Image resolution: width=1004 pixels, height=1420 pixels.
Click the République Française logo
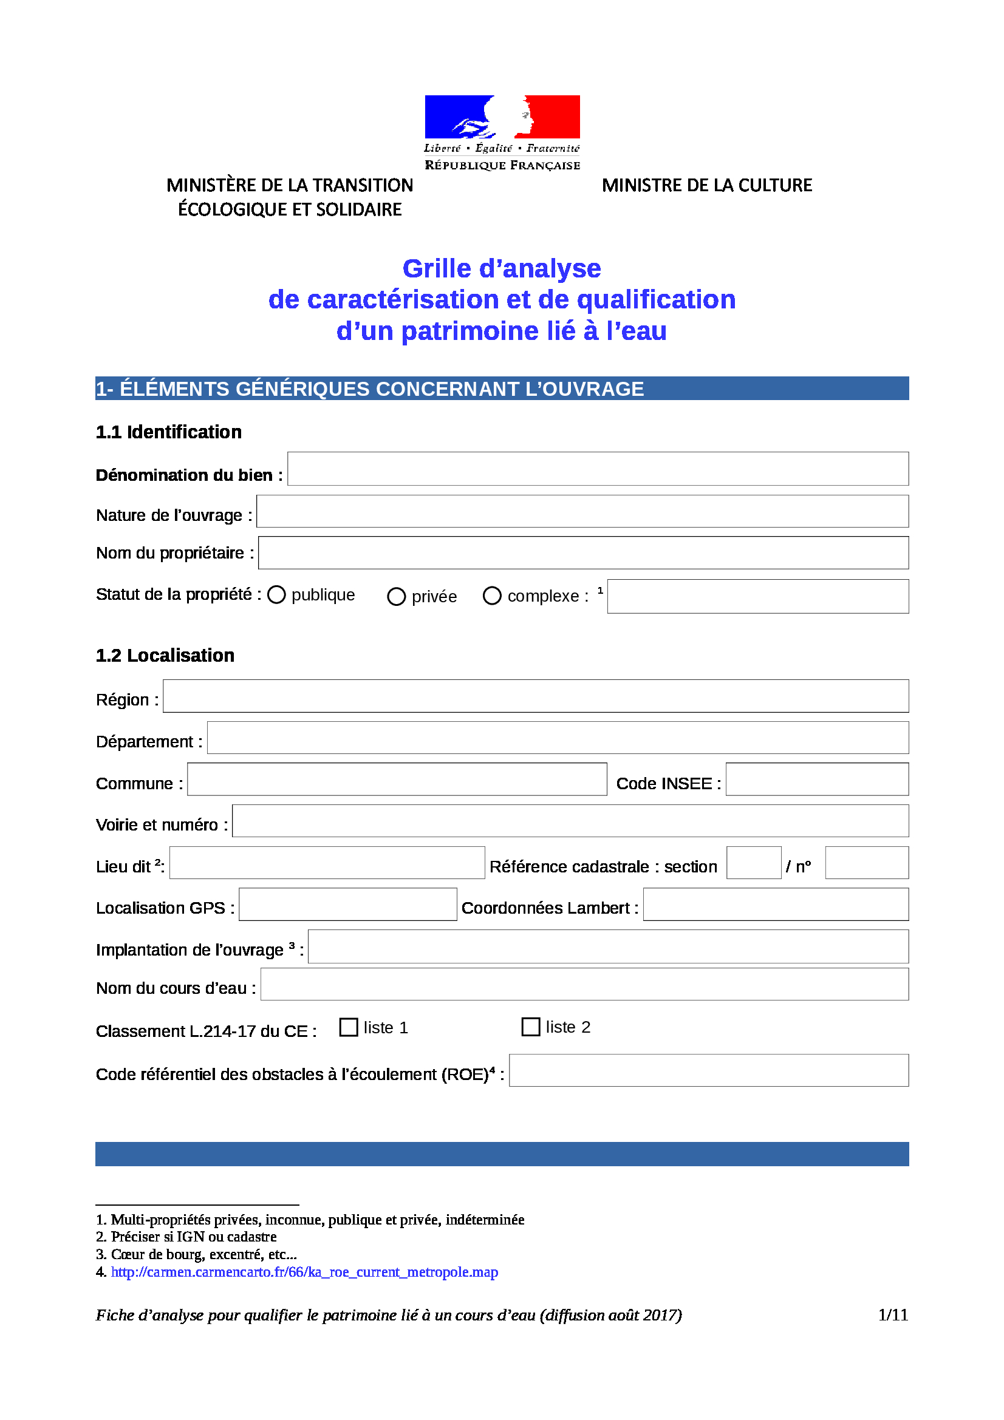[x=502, y=132]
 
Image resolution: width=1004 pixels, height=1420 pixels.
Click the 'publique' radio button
[x=276, y=594]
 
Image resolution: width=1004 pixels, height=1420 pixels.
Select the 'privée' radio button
[x=396, y=597]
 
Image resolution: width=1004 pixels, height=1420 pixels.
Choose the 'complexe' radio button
[x=492, y=596]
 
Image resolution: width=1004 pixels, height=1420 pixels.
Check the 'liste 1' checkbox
[x=349, y=1027]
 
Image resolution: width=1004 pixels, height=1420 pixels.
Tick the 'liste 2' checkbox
[x=531, y=1027]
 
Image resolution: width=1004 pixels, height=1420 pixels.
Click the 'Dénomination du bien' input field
[x=598, y=469]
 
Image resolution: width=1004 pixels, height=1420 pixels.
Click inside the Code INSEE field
[x=816, y=780]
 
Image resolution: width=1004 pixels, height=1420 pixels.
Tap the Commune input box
[x=397, y=780]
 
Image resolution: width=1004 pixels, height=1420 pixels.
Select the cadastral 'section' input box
[x=754, y=863]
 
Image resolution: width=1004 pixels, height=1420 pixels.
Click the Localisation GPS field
[x=347, y=904]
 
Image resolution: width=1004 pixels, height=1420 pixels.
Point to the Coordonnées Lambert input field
[x=776, y=904]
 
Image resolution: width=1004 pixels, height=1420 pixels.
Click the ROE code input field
[x=708, y=1070]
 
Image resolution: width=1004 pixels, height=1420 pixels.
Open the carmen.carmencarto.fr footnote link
[x=304, y=1272]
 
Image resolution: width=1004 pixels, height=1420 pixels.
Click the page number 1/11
[x=893, y=1315]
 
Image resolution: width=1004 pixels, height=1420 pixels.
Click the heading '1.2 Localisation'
[x=165, y=656]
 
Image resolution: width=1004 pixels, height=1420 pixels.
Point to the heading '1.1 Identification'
[x=168, y=432]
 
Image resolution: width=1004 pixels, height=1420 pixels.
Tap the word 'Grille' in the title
[x=437, y=269]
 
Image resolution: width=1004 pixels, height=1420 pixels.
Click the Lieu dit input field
[x=327, y=863]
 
